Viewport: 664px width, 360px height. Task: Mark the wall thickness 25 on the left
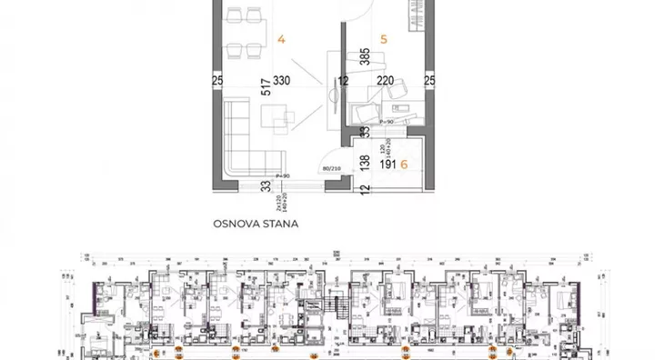point(216,82)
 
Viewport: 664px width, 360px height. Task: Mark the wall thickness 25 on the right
point(430,82)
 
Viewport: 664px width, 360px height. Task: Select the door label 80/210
point(331,167)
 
